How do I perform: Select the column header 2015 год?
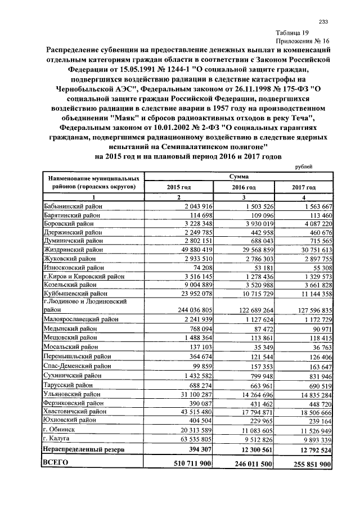point(178,187)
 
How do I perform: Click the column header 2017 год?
point(304,187)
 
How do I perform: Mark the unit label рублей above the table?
point(304,166)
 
